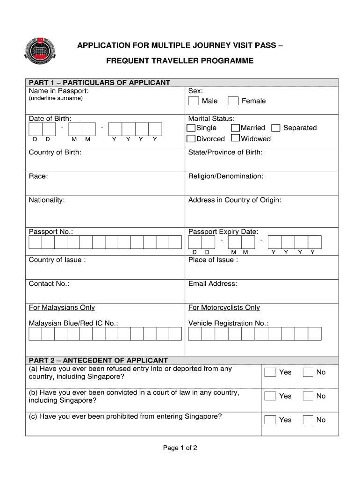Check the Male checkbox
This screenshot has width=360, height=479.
coord(194,101)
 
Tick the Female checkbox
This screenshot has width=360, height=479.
coord(233,101)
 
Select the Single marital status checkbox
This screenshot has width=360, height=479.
coord(191,128)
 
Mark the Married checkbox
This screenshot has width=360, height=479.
coord(236,128)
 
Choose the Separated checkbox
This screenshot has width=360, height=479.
coord(276,128)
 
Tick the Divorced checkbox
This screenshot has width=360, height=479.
coord(191,138)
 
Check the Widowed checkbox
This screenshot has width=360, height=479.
coord(236,138)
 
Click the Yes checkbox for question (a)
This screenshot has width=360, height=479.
coord(270,372)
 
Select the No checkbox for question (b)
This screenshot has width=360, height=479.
coord(308,396)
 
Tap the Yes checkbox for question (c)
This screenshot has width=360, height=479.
coord(270,420)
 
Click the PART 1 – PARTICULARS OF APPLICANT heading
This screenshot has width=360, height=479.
coord(100,83)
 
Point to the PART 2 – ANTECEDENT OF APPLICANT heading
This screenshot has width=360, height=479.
coord(98,360)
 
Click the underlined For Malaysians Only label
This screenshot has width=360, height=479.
coord(62,307)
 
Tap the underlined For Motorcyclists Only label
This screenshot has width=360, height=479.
coord(224,307)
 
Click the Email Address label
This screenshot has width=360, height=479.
coord(213,283)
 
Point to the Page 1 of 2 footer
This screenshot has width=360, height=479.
coord(180,448)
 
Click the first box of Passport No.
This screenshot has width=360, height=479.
coord(36,242)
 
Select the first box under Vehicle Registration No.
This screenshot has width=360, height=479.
coord(195,334)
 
